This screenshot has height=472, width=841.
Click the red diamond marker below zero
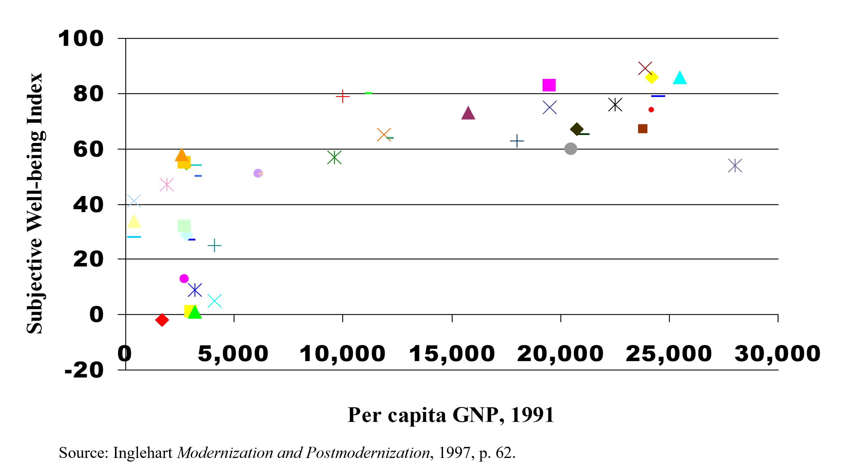(162, 320)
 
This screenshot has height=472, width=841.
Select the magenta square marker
(549, 85)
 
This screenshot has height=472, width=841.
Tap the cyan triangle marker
(680, 78)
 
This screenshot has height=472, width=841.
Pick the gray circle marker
(571, 149)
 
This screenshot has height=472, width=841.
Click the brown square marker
(643, 129)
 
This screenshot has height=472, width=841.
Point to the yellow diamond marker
(651, 77)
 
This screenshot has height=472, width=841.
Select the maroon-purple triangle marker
(468, 113)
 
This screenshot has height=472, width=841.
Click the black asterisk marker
(615, 104)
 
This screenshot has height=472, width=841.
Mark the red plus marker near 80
(343, 96)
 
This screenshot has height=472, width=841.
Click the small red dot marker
(651, 109)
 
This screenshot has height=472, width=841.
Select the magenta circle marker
(184, 279)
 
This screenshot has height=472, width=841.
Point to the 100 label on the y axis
(81, 38)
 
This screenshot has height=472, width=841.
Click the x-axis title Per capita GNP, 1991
(451, 415)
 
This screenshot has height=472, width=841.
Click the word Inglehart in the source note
(142, 453)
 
